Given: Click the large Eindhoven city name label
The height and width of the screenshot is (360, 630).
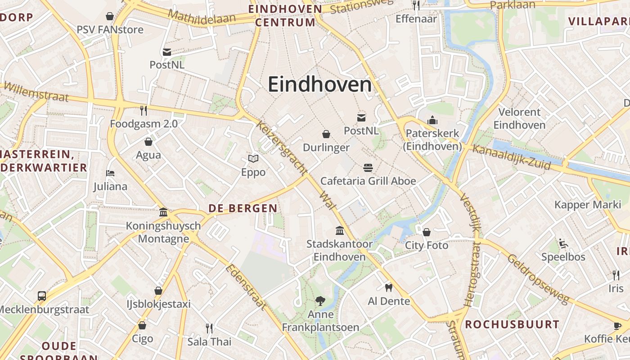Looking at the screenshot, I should [320, 85].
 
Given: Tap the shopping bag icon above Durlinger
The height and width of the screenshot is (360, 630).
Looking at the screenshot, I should [326, 134].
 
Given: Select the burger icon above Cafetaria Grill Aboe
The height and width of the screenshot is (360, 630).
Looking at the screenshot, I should [368, 168].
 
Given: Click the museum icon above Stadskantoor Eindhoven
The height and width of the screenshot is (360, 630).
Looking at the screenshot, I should [340, 231].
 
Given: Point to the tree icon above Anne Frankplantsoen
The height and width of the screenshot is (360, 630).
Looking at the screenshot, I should [320, 301].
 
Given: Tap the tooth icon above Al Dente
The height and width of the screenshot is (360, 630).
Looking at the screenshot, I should [389, 288].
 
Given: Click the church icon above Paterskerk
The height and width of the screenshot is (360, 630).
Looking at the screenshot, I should [432, 120].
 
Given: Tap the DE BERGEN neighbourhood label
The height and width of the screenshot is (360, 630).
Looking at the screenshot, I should [243, 208].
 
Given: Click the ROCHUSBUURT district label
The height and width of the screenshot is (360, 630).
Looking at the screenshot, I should [512, 324].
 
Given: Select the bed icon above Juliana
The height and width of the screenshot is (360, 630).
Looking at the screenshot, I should [110, 173].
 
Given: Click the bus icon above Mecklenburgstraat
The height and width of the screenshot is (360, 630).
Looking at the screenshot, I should [42, 296].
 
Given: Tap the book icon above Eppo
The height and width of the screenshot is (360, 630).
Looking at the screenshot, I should [253, 158].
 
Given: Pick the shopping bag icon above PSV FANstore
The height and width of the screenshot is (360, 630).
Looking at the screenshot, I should [110, 17].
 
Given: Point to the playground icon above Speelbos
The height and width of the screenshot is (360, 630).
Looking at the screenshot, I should [563, 243].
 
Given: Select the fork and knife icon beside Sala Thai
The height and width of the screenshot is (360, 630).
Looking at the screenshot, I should [209, 328].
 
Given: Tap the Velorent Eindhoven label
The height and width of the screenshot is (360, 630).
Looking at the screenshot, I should [519, 118].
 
